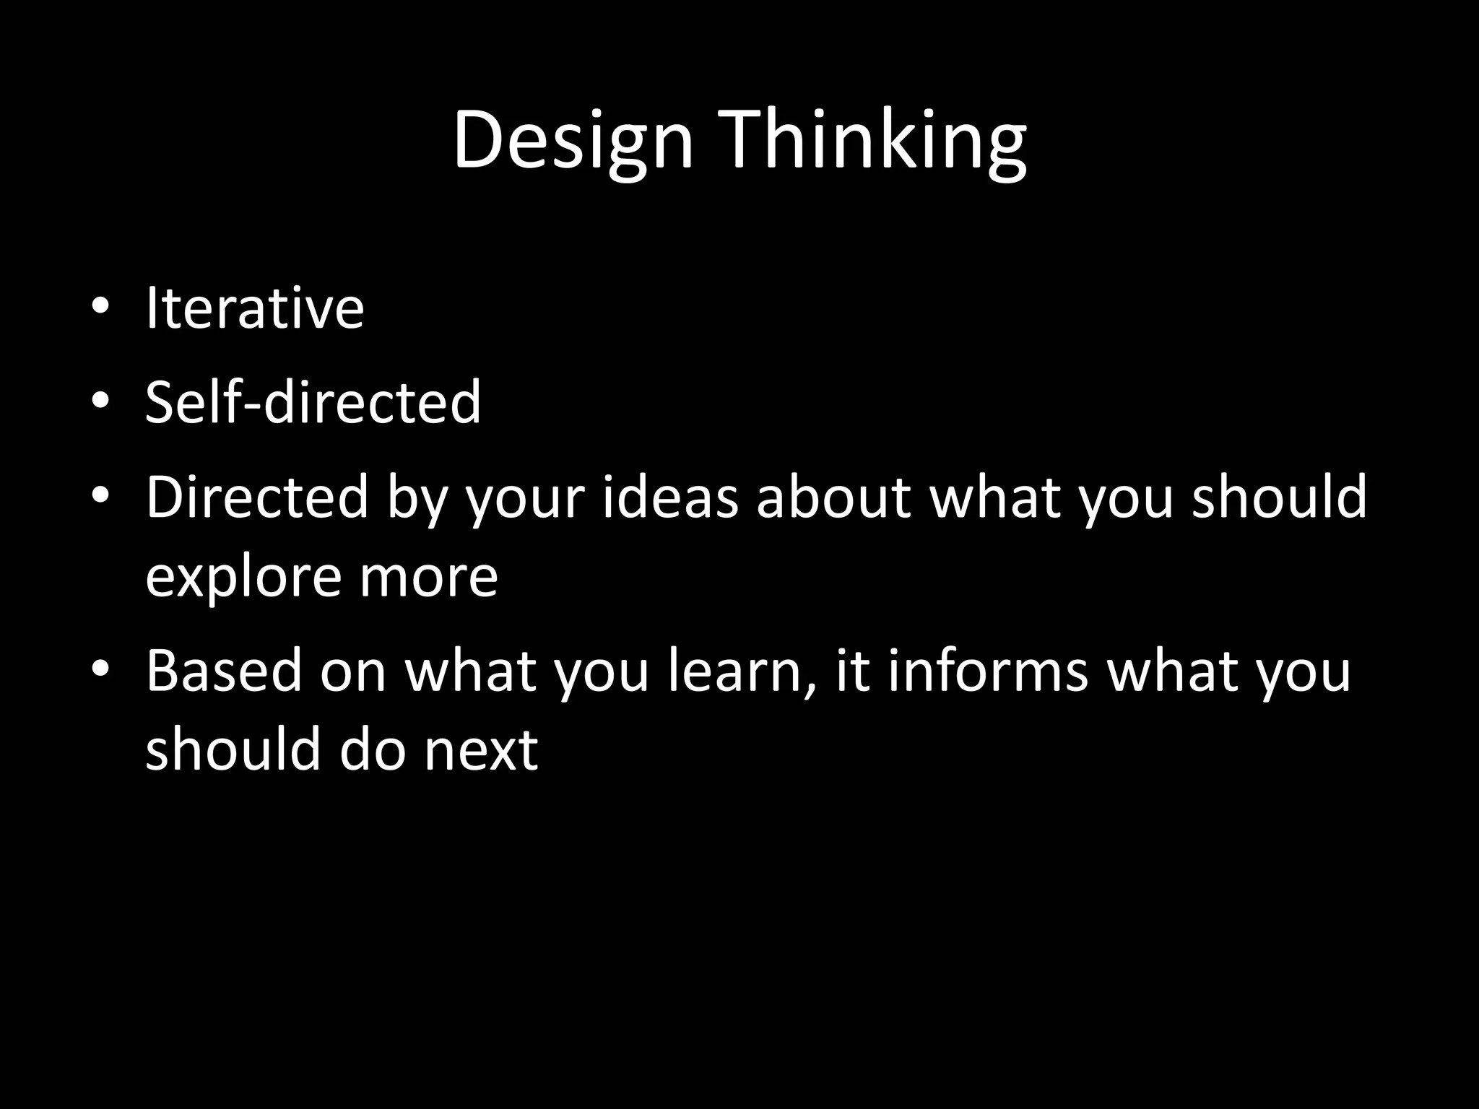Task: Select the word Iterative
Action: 255,308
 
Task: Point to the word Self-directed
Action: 313,401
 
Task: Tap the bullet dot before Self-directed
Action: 100,399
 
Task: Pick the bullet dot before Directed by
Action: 100,495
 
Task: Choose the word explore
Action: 243,578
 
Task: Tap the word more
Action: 429,578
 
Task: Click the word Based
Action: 224,670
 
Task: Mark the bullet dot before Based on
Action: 100,668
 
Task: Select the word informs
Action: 987,670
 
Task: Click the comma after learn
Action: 812,690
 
